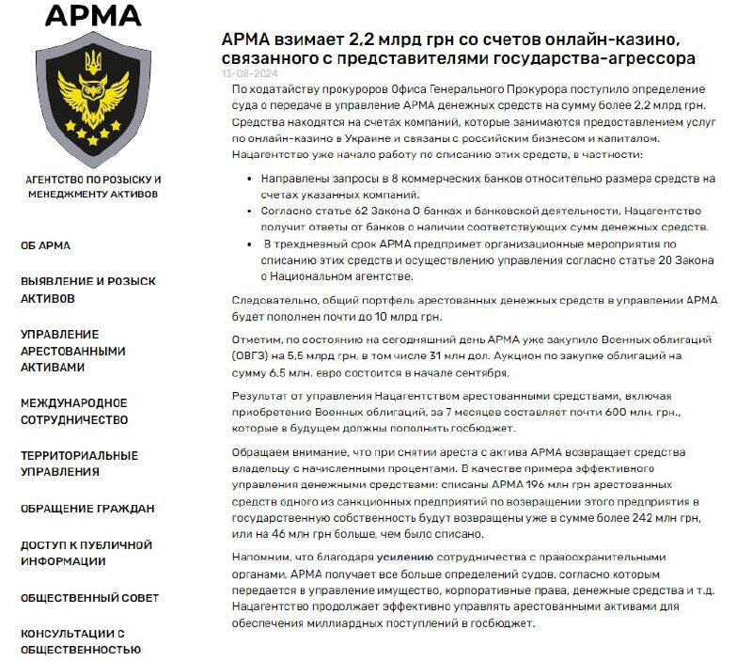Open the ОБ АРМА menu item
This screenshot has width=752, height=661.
point(46,245)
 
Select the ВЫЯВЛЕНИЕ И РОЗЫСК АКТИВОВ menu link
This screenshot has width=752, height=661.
point(88,290)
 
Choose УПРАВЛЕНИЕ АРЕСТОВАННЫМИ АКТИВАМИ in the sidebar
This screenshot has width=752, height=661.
point(73,351)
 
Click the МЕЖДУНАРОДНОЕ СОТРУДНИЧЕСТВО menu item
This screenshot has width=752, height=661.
point(74,412)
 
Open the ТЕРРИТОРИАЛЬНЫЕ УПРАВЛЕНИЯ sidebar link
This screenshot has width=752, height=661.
point(79,464)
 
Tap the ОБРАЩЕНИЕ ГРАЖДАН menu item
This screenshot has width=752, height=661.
point(87,509)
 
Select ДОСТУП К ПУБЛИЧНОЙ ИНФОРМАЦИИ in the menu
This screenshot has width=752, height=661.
point(86,553)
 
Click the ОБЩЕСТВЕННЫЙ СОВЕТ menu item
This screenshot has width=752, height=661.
point(90,597)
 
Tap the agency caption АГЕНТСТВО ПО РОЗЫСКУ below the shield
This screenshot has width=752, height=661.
point(93,179)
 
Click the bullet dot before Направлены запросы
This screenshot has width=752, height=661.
point(247,178)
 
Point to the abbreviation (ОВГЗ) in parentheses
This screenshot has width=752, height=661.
point(251,355)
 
